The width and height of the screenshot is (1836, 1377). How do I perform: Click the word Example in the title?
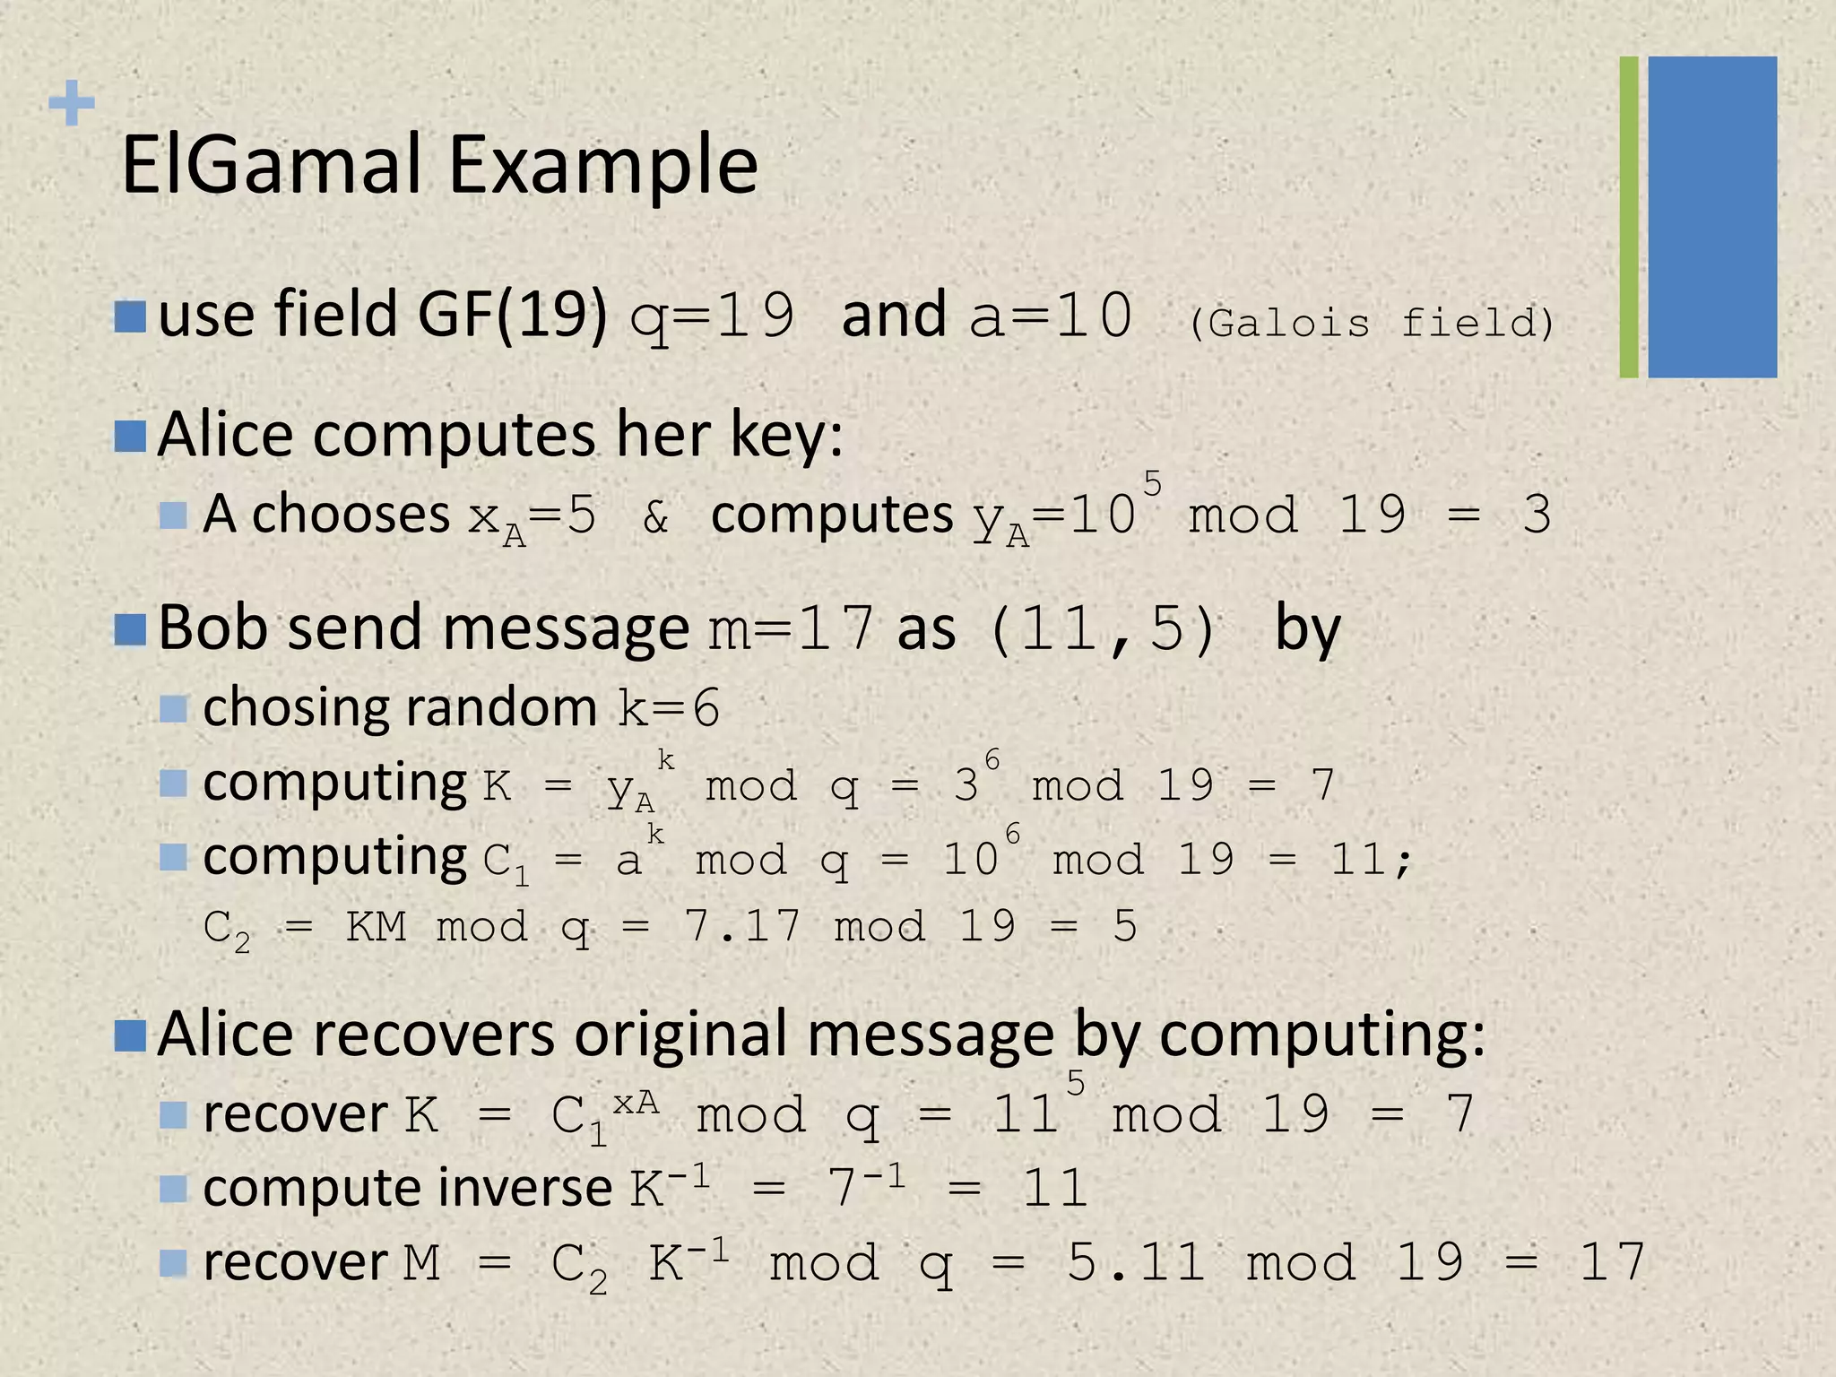[602, 168]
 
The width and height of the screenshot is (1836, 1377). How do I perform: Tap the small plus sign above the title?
[72, 103]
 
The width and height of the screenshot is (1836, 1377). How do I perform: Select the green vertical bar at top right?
[1629, 217]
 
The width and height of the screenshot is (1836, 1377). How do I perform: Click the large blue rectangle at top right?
[1711, 217]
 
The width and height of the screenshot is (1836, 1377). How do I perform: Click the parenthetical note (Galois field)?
[1371, 322]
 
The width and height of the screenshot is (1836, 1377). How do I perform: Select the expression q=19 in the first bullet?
[712, 316]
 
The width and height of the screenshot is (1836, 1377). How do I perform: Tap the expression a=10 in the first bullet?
[1051, 316]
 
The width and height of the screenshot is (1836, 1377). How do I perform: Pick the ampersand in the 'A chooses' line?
[655, 516]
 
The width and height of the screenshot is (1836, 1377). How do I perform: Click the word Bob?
[212, 628]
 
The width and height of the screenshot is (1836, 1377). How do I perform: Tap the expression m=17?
[791, 628]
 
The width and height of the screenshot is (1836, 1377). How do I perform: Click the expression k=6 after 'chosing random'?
[669, 709]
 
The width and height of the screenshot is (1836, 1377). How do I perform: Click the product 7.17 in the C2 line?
[741, 925]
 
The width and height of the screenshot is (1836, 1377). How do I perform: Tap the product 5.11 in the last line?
[1136, 1262]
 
